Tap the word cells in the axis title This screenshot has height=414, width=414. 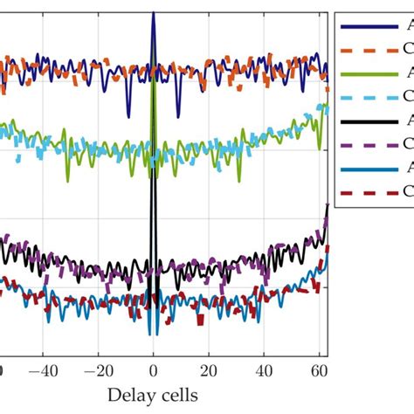pyautogui.click(x=178, y=396)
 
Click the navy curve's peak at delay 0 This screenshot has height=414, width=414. pyautogui.click(x=153, y=7)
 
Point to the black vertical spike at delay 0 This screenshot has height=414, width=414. pyautogui.click(x=153, y=227)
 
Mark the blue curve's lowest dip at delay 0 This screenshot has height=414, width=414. pyautogui.click(x=153, y=332)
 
